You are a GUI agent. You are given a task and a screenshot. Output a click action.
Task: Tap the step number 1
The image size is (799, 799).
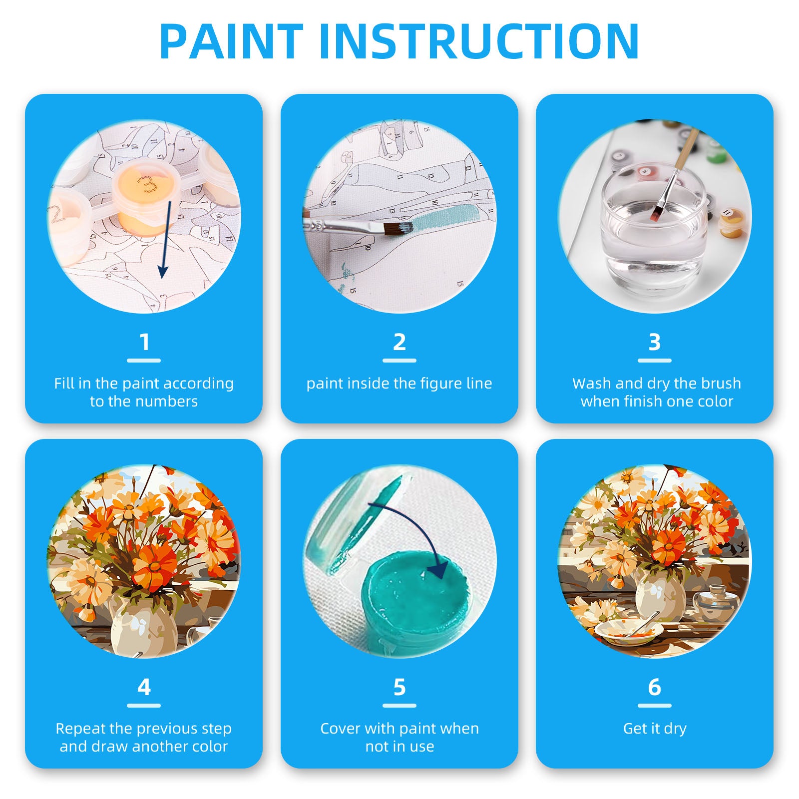(x=144, y=342)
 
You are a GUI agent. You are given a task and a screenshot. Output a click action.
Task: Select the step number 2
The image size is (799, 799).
(x=399, y=342)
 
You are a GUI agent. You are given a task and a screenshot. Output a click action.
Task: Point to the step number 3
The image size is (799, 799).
(x=655, y=342)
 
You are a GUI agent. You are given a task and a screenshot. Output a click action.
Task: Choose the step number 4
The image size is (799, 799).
(x=144, y=687)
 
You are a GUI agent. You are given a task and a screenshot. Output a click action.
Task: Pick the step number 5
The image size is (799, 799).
(x=399, y=688)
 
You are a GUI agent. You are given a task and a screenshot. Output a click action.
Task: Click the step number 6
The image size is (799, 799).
(x=655, y=688)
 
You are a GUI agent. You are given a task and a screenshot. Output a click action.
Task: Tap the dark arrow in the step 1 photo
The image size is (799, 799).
(x=166, y=240)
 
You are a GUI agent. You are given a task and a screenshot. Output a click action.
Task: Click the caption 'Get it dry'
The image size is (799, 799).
(x=655, y=729)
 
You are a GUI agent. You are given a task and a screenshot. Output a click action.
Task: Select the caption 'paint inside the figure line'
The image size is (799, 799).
(x=399, y=383)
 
